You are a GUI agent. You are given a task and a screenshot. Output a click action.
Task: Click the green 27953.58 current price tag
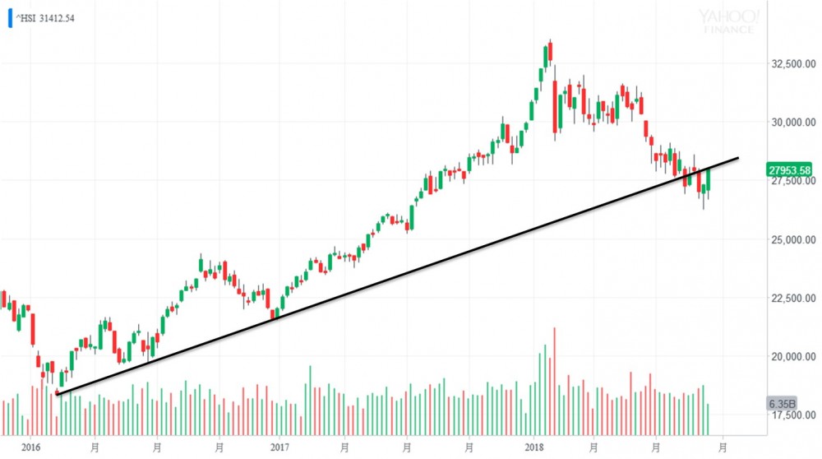[x=789, y=170]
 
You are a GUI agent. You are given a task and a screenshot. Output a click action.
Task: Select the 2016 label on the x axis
[x=31, y=447]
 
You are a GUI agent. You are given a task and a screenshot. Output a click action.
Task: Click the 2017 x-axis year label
[x=280, y=447]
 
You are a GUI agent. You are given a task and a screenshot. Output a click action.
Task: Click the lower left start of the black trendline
[x=57, y=395]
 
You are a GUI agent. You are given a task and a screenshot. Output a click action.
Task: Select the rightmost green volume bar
[x=708, y=419]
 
